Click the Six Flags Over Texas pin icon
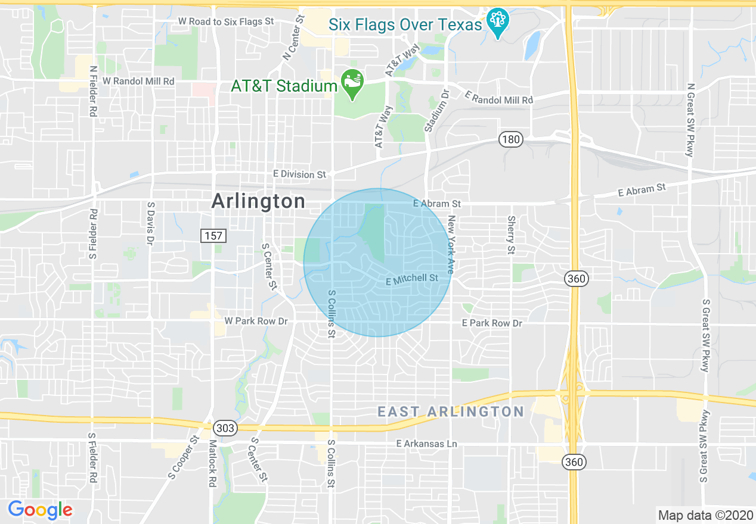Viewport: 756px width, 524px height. coord(496,22)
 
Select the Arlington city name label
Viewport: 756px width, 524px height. coord(258,201)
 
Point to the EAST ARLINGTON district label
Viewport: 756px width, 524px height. coord(451,411)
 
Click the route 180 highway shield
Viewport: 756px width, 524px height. coord(511,140)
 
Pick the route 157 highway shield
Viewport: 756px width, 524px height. coord(213,236)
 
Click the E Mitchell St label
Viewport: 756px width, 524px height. coord(412,279)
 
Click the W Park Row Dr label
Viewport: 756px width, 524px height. coord(256,321)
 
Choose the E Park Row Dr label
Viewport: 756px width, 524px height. coord(492,323)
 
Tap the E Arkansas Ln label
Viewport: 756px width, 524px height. coord(427,444)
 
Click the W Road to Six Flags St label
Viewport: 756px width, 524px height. coord(226,21)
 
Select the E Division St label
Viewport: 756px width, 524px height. coord(299,174)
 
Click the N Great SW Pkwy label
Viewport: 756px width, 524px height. coord(690,120)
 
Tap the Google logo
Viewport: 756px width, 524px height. coord(40,510)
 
